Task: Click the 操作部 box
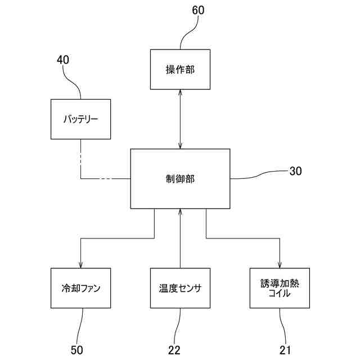pos(180,69)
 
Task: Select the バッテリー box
pos(80,119)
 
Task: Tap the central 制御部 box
pos(180,178)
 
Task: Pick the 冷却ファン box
pos(80,287)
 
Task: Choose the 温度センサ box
pos(180,287)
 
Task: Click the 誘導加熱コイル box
pos(280,287)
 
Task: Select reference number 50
pos(77,350)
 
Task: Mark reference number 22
pos(174,350)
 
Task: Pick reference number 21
pos(286,350)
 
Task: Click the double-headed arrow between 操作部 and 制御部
pos(180,119)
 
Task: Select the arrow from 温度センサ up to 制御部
pos(180,236)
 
